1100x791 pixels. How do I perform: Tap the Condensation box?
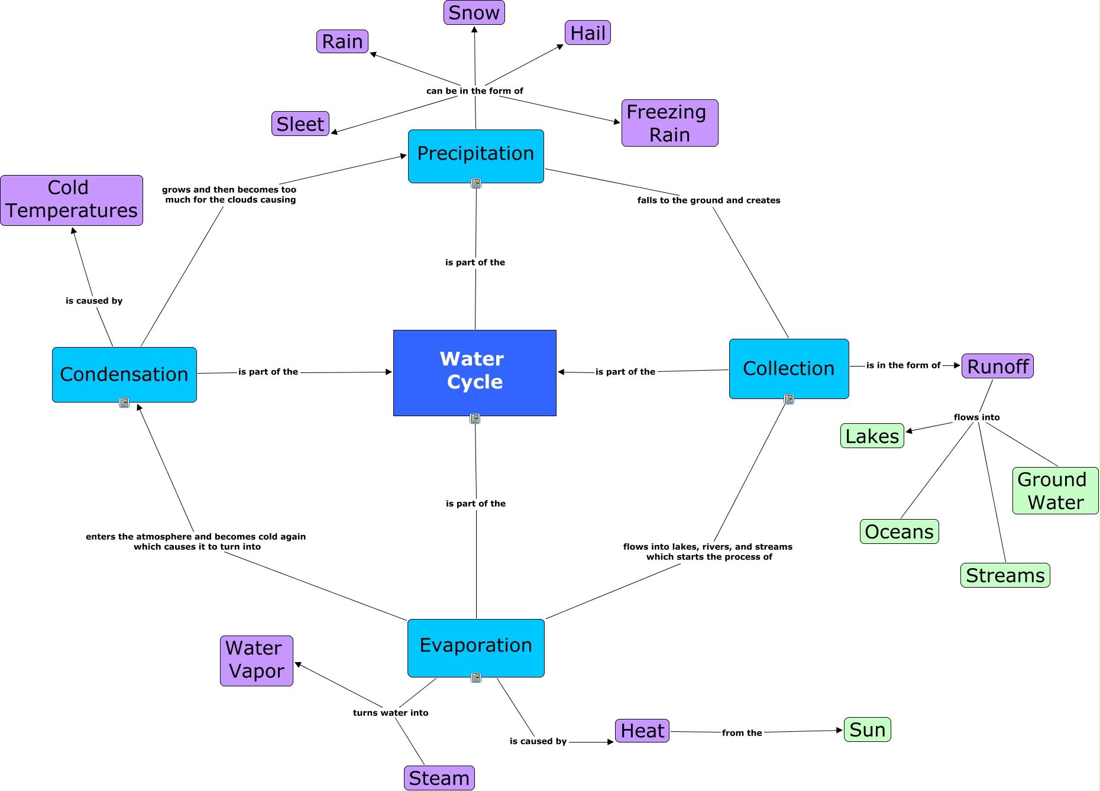click(x=124, y=374)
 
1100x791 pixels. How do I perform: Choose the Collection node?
click(x=788, y=368)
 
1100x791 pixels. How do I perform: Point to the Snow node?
click(x=474, y=12)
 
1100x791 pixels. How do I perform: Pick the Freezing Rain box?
click(x=669, y=123)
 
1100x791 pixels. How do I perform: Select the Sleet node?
click(x=300, y=124)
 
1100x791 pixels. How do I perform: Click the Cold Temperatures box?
click(x=72, y=200)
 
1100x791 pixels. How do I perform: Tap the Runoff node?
click(x=997, y=366)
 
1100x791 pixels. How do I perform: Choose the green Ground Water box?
click(x=1055, y=491)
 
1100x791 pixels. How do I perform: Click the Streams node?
click(x=1005, y=575)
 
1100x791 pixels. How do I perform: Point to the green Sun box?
click(x=867, y=730)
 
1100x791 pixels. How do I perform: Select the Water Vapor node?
click(x=256, y=660)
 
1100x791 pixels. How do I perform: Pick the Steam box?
click(x=439, y=778)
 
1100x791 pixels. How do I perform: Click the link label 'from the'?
click(x=742, y=732)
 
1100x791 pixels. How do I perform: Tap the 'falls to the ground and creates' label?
click(x=708, y=200)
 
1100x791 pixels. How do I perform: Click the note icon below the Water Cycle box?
click(x=475, y=419)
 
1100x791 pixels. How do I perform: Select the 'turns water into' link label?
click(x=390, y=713)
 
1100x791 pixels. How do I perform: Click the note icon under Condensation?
click(x=124, y=403)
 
